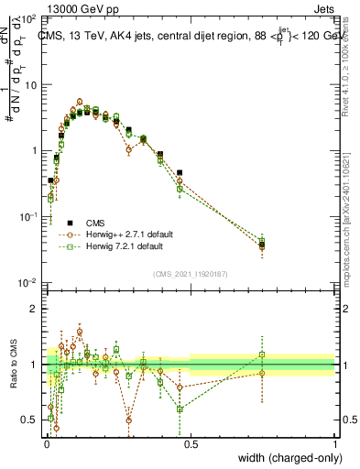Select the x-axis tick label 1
tap(335, 443)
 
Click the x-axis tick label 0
tap(46, 443)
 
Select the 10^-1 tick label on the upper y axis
tap(27, 216)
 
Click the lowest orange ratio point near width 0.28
tap(128, 420)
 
